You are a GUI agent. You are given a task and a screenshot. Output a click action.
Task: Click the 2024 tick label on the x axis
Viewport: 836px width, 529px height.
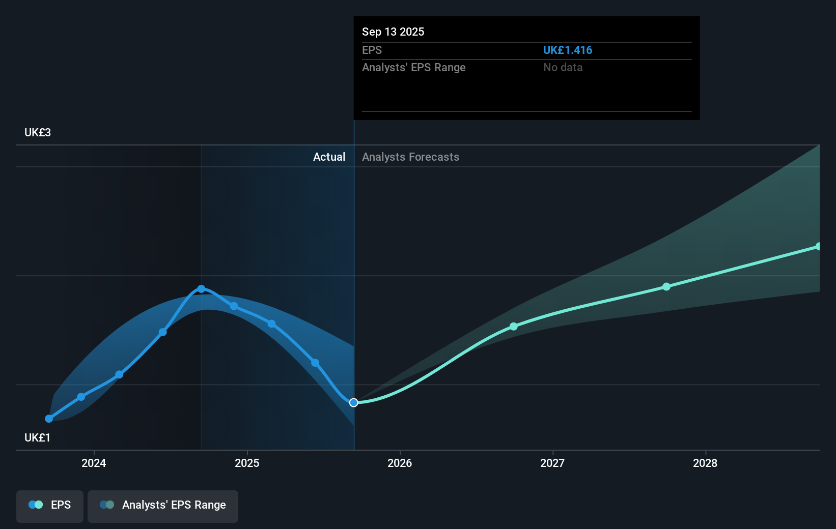click(94, 463)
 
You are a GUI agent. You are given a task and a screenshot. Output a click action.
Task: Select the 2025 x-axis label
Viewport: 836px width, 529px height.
click(247, 463)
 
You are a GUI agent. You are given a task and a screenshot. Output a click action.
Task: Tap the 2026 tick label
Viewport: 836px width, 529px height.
click(400, 463)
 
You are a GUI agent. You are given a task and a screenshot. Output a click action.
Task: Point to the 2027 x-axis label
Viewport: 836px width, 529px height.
click(552, 463)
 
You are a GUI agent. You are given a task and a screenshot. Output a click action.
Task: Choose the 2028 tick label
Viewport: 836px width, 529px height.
click(705, 463)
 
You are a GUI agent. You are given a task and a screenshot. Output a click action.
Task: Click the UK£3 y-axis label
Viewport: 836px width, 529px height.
click(38, 133)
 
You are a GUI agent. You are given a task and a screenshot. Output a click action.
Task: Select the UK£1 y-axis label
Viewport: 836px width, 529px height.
click(37, 438)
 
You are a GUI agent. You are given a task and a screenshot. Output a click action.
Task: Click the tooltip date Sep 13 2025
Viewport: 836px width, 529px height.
click(393, 32)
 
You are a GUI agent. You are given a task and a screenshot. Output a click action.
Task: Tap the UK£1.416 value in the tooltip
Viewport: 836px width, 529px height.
click(567, 50)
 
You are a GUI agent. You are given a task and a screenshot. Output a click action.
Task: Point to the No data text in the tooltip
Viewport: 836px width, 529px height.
click(563, 68)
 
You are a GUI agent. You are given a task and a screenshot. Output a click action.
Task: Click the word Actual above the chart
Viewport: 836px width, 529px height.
click(329, 157)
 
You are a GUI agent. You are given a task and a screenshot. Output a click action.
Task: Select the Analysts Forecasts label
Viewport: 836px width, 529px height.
click(410, 157)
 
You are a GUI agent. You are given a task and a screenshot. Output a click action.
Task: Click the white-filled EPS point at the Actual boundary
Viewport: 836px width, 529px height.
click(354, 402)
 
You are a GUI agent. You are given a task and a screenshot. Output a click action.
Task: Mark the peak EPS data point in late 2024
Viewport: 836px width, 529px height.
click(201, 289)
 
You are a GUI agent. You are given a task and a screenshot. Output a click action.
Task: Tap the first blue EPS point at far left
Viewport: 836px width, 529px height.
click(49, 419)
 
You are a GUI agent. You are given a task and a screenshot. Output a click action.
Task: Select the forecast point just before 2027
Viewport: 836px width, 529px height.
click(514, 327)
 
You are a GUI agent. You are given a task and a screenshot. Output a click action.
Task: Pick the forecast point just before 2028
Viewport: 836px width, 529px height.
click(666, 287)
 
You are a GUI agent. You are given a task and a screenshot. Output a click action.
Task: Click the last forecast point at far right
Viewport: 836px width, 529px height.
click(818, 247)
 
